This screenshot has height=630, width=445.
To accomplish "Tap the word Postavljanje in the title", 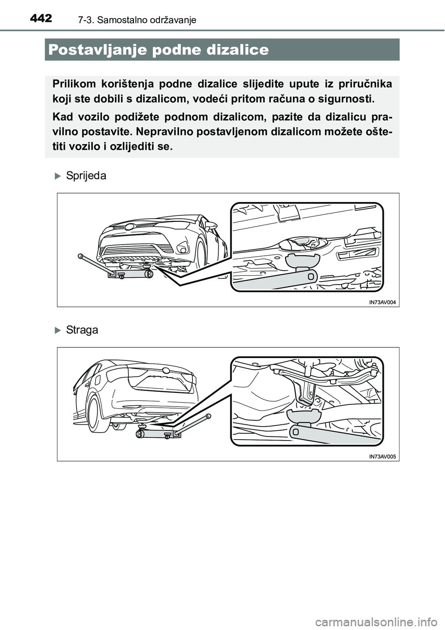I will click(x=105, y=50).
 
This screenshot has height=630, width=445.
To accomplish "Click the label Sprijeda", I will click(x=86, y=176).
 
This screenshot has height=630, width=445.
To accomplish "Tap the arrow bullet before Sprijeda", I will click(x=57, y=176).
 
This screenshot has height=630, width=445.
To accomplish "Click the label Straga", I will click(x=82, y=330).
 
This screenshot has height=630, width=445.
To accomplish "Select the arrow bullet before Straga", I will click(x=57, y=330).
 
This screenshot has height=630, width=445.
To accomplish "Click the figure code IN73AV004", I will click(x=382, y=302).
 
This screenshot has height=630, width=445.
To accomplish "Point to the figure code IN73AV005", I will click(x=382, y=456).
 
